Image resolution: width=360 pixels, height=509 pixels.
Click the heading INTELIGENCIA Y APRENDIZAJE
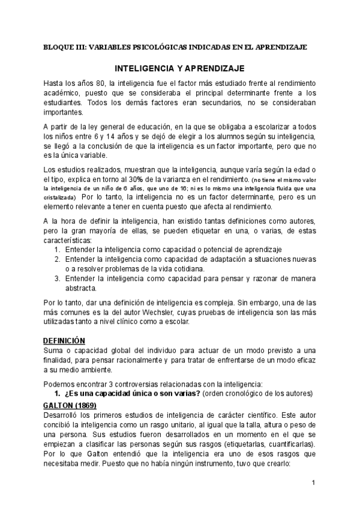[180, 68]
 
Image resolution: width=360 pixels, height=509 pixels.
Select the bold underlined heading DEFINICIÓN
[68, 340]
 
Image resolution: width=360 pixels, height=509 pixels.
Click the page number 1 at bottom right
[313, 482]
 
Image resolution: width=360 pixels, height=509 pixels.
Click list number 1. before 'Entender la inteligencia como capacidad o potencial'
[58, 248]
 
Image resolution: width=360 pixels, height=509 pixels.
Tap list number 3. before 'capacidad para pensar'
[58, 279]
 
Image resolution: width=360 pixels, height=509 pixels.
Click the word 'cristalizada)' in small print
[59, 197]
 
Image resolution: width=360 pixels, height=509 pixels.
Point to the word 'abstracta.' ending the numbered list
[83, 288]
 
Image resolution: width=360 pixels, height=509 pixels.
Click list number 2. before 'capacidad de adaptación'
[58, 259]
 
